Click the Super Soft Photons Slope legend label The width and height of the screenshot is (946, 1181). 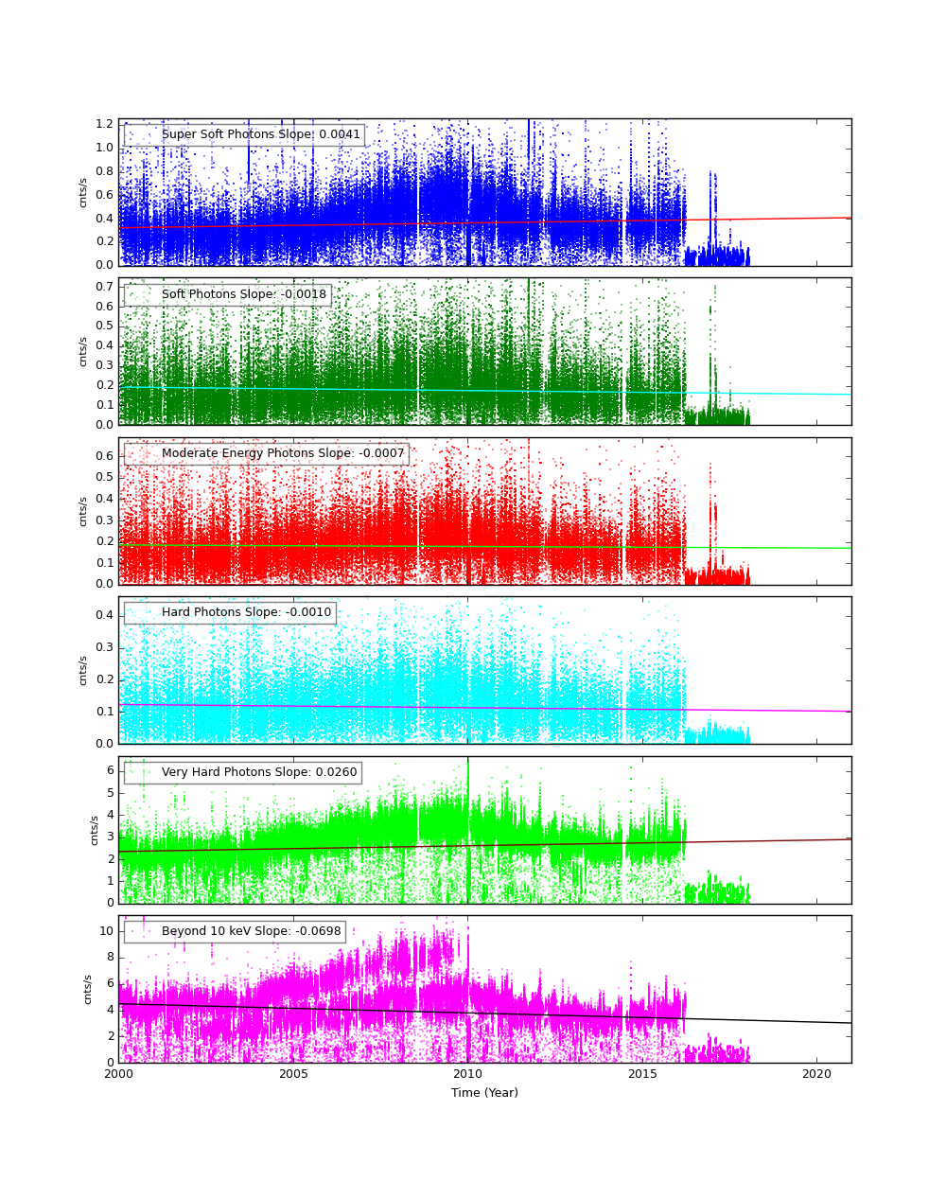(x=260, y=134)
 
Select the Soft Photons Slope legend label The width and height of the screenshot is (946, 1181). (x=243, y=294)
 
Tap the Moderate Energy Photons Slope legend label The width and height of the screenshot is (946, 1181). (x=283, y=453)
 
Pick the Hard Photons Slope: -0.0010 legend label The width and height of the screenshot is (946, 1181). (x=246, y=612)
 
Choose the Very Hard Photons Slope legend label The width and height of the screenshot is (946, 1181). (x=259, y=772)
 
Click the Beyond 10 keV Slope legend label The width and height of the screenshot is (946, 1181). (x=251, y=931)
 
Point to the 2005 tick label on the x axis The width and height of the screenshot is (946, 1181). (x=293, y=1075)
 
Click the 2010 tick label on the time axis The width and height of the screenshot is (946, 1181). (x=467, y=1075)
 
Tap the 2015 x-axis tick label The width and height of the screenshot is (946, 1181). (x=642, y=1075)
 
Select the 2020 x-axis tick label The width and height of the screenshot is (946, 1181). (x=816, y=1075)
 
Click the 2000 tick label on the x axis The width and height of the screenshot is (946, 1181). (x=118, y=1075)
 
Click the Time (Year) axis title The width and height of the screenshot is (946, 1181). (x=484, y=1093)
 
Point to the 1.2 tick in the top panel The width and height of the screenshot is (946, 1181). (x=104, y=124)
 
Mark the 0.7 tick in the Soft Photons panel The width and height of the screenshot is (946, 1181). (x=104, y=287)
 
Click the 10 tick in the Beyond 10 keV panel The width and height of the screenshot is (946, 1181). (x=106, y=931)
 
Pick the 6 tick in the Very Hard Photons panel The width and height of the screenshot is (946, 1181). (x=109, y=770)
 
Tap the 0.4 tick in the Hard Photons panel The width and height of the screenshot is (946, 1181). (x=104, y=615)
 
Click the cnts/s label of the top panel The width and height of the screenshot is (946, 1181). (x=82, y=192)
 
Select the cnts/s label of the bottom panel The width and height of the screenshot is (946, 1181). (x=87, y=989)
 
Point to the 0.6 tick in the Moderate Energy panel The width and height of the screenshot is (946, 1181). (x=104, y=456)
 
